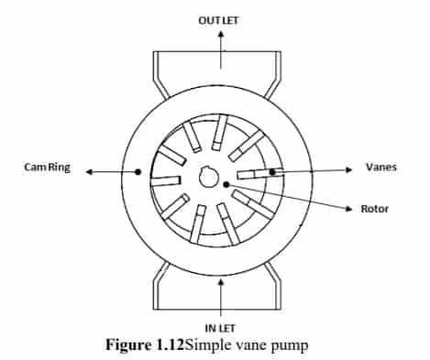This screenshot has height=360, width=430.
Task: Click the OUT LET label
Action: click(x=218, y=20)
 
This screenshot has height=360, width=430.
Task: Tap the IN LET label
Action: click(x=220, y=328)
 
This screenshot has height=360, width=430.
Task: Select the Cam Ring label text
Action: click(x=47, y=168)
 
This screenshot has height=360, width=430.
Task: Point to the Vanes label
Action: click(x=381, y=167)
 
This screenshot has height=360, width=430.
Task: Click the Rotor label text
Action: click(x=374, y=209)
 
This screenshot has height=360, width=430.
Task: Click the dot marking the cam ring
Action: click(x=138, y=172)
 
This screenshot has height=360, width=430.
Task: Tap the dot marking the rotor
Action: click(x=226, y=184)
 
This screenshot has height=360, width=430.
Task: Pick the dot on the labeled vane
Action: click(x=272, y=172)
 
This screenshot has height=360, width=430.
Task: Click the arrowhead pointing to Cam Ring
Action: click(x=89, y=172)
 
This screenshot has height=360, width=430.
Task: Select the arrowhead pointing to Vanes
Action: click(x=348, y=169)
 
